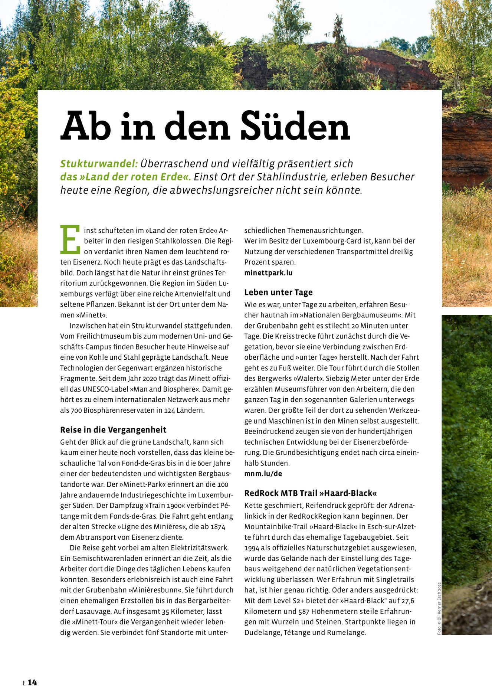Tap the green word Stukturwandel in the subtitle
[99, 164]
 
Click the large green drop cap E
[70, 239]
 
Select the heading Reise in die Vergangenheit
[113, 430]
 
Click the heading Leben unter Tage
[278, 293]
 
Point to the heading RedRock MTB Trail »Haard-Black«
[311, 493]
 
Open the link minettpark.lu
[268, 273]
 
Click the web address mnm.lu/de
[263, 474]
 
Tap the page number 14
[32, 683]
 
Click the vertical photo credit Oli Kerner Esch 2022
[439, 608]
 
